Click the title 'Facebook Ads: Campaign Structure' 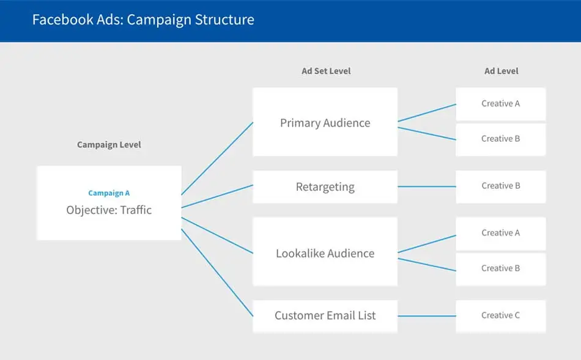click(143, 20)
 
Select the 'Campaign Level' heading click(109, 145)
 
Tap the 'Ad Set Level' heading click(326, 71)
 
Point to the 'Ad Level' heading click(501, 71)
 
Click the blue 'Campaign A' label click(109, 193)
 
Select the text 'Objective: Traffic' click(109, 210)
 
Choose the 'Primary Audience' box click(325, 122)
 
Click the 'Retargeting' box click(325, 187)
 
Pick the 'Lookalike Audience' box click(325, 253)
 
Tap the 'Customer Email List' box click(325, 316)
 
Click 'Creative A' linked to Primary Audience click(500, 104)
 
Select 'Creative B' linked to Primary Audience click(500, 139)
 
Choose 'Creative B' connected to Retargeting click(500, 186)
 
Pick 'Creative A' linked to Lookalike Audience click(500, 233)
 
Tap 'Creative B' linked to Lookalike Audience click(500, 268)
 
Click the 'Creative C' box click(500, 315)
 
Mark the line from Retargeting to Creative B click(426, 186)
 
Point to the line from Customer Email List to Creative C click(426, 316)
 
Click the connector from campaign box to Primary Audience click(217, 158)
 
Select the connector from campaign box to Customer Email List click(217, 273)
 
